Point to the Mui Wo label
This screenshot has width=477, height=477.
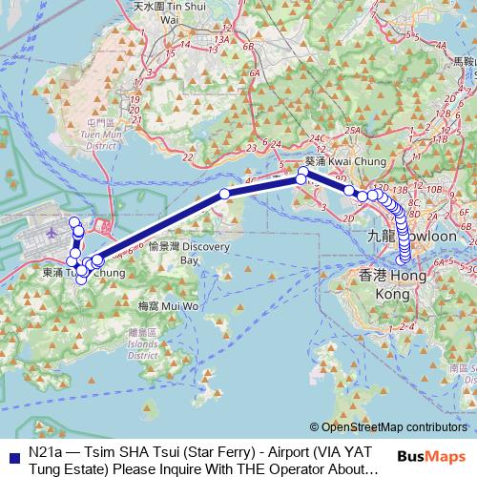click(168, 307)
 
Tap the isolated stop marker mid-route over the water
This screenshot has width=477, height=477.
click(225, 194)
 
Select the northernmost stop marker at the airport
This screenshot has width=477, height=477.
click(74, 220)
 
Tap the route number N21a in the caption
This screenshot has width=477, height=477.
click(45, 450)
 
